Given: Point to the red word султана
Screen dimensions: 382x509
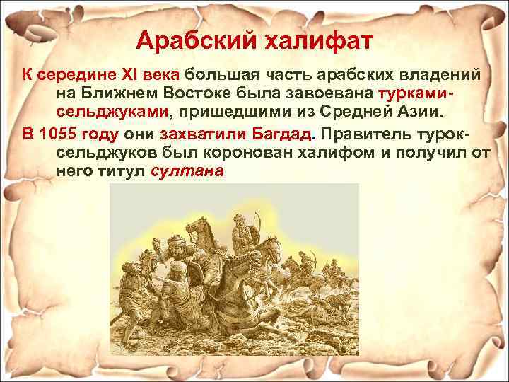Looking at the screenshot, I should pos(187,171).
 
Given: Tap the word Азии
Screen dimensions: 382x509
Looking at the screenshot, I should pos(416,112).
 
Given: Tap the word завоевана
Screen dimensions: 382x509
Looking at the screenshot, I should pos(332,93).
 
